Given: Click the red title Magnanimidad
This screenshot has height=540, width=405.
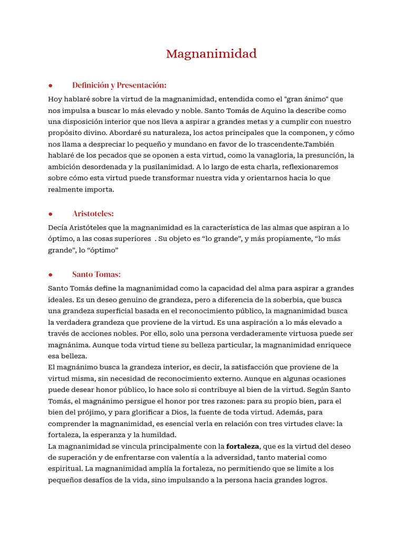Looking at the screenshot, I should (211, 54).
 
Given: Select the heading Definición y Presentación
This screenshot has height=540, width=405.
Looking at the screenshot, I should (119, 85).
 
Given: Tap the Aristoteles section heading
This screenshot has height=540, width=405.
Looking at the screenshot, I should (93, 214).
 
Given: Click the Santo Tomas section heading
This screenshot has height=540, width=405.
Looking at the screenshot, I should (97, 274).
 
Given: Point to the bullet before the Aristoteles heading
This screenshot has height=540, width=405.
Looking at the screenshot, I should (50, 214).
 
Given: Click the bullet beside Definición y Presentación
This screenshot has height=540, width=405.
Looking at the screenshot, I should (50, 85).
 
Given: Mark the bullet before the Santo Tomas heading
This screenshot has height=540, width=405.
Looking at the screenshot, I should (50, 275).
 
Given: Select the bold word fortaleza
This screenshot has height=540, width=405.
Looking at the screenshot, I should (243, 446).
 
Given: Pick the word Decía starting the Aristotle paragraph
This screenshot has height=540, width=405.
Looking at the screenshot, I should (58, 227).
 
